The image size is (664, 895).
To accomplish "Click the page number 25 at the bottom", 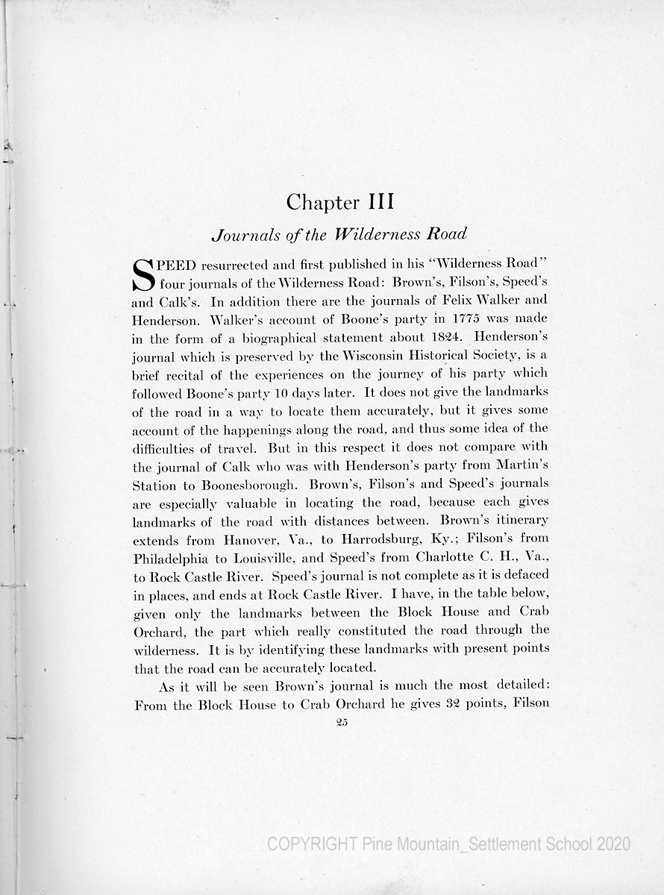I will tap(343, 720).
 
